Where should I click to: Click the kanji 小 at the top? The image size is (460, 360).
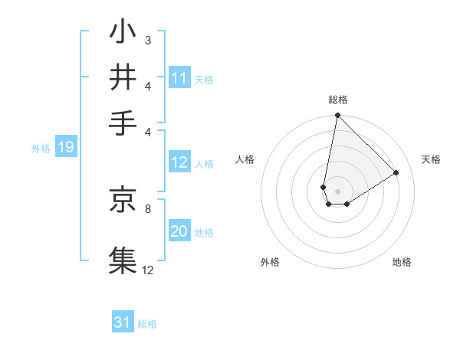coord(123,34)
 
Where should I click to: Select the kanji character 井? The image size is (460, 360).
coord(123,78)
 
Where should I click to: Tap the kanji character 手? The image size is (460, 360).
coord(123,123)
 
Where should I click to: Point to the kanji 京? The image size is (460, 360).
coord(123,200)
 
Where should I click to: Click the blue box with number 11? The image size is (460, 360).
coord(179,78)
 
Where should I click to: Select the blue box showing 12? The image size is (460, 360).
coord(179,162)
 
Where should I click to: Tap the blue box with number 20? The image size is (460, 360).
coord(179,232)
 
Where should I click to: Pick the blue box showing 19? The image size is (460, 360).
coord(65,148)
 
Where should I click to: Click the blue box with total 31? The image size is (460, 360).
coord(123,322)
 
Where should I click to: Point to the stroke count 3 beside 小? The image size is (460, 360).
coord(148,40)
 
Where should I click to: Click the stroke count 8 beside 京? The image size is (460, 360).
coord(148,207)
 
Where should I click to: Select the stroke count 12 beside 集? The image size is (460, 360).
coord(148,269)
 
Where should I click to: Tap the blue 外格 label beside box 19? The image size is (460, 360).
coord(41,149)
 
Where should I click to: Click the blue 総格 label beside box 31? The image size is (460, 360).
coord(147,324)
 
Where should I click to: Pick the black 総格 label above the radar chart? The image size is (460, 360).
coord(338,100)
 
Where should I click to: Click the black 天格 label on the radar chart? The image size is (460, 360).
coord(431,159)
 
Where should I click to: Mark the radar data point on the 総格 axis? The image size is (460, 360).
coord(337,116)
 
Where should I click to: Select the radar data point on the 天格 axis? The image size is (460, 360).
coord(396,173)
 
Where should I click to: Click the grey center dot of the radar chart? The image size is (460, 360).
coord(337,191)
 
